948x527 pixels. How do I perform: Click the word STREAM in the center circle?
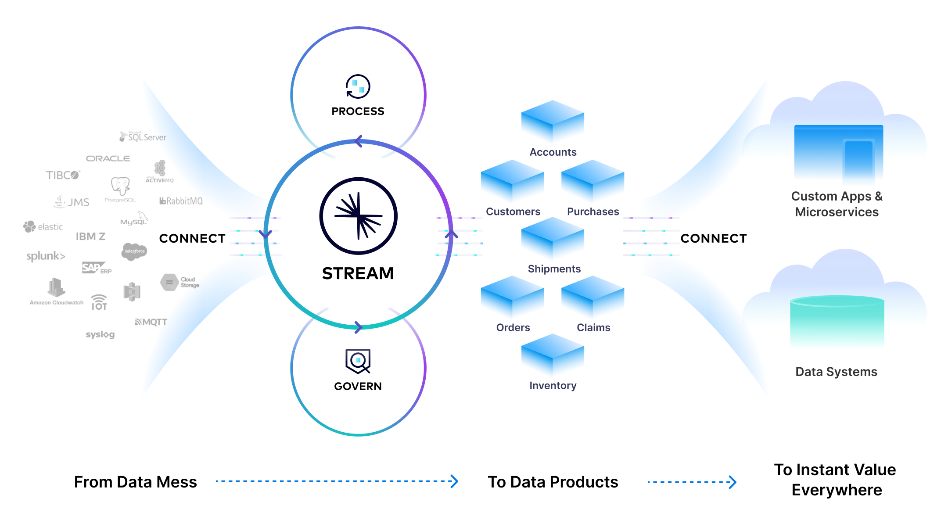tap(358, 273)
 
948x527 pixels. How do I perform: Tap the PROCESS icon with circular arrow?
tap(358, 86)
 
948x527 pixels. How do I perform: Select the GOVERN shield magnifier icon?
tap(358, 361)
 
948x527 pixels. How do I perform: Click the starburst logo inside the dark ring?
tap(358, 216)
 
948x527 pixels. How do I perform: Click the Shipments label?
tap(554, 269)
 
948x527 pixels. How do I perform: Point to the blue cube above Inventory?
tap(553, 354)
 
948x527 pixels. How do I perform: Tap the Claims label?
tap(593, 327)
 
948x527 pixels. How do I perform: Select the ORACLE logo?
tap(108, 158)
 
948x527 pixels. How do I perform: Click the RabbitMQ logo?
tap(181, 201)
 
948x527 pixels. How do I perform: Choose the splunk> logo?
tap(46, 256)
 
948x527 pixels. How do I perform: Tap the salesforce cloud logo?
tap(134, 251)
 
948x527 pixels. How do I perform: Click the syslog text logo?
tap(100, 334)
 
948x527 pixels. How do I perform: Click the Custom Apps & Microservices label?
tap(837, 204)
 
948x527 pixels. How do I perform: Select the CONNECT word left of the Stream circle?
tap(192, 238)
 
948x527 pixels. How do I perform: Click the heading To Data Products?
tap(553, 482)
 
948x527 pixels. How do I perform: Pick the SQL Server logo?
tap(143, 137)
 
